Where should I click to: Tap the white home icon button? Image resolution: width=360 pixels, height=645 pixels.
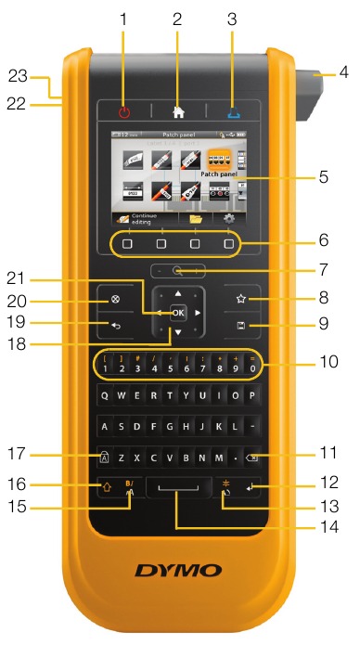coord(177,112)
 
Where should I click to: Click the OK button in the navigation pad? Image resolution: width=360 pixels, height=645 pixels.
coord(177,312)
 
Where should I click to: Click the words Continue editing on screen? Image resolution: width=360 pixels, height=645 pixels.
coord(144,218)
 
